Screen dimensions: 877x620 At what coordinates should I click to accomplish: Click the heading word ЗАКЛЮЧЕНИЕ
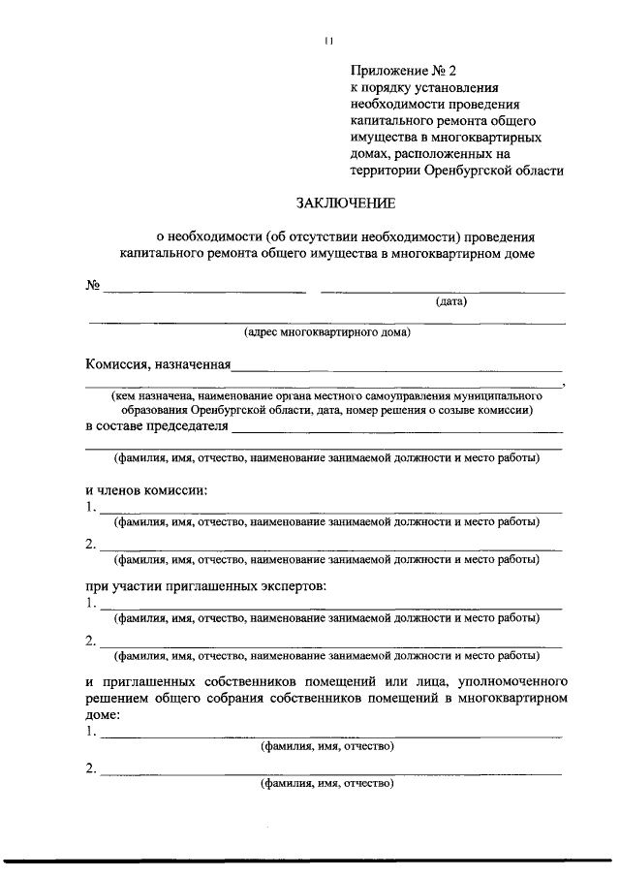click(345, 204)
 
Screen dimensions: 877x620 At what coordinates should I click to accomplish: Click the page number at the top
click(329, 41)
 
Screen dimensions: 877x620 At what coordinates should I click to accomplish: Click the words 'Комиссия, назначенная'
click(157, 365)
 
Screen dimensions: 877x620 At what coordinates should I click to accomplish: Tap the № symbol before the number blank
click(93, 286)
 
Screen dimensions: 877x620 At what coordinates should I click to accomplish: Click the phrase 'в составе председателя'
click(157, 425)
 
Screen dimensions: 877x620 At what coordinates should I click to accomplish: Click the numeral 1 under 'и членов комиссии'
click(89, 507)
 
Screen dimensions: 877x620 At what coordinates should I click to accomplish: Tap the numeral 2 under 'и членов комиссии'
click(89, 545)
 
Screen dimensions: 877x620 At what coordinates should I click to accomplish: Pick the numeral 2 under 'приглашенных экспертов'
click(89, 641)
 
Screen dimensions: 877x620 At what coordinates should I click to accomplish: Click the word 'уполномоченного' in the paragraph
click(506, 681)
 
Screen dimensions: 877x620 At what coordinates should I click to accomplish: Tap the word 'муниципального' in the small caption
click(496, 396)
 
